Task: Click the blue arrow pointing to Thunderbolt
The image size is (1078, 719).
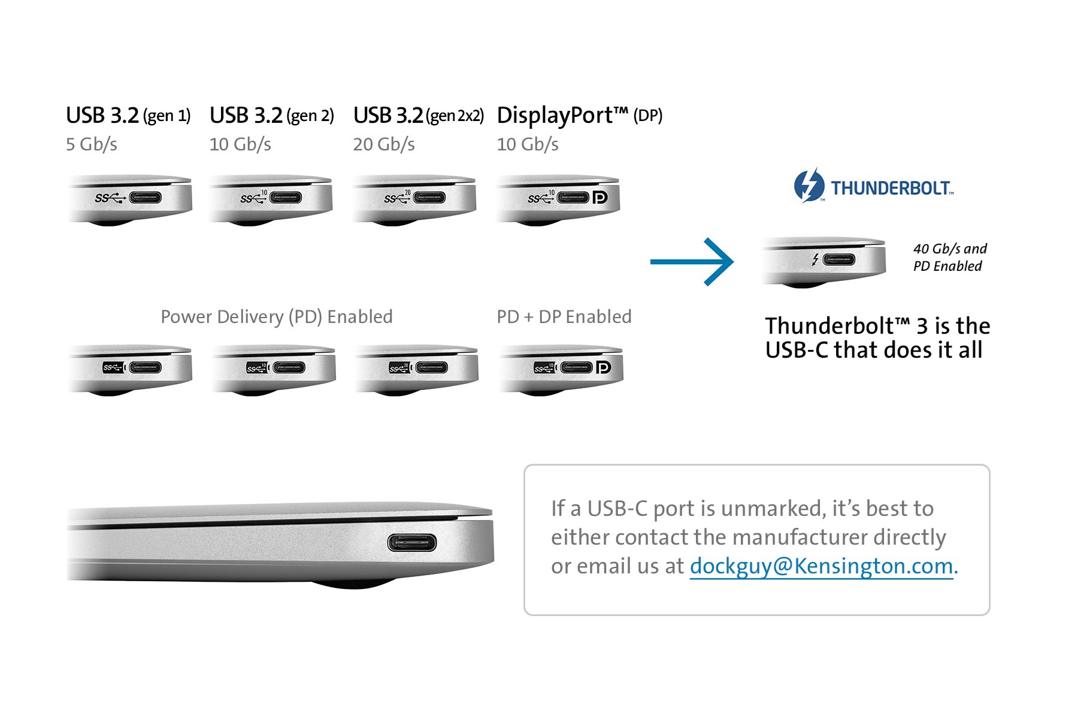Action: click(x=692, y=262)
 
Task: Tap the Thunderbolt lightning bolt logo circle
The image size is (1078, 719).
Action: click(x=808, y=186)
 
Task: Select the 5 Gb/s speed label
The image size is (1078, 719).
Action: click(x=92, y=144)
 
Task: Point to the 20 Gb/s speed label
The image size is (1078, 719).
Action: click(x=384, y=144)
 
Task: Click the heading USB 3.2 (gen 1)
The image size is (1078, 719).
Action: click(x=128, y=115)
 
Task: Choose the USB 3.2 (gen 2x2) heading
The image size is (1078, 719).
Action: click(x=419, y=115)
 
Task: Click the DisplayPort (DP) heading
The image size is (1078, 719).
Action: click(x=580, y=116)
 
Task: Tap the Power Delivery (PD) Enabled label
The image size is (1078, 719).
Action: click(x=277, y=316)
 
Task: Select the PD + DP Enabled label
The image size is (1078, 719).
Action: click(x=564, y=316)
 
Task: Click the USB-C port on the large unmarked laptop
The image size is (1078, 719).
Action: click(x=412, y=543)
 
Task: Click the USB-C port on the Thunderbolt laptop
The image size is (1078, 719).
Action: click(x=839, y=260)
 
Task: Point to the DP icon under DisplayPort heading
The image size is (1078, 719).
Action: click(x=599, y=197)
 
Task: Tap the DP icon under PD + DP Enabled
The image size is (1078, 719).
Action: click(x=603, y=367)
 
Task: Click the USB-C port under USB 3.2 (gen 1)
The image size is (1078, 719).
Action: click(x=145, y=198)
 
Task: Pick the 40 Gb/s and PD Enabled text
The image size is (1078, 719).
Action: click(x=950, y=257)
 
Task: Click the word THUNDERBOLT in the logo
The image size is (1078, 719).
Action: click(x=891, y=188)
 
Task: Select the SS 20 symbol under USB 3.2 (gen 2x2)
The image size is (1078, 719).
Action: click(x=397, y=197)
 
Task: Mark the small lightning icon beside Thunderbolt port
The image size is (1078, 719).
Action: click(x=815, y=259)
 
